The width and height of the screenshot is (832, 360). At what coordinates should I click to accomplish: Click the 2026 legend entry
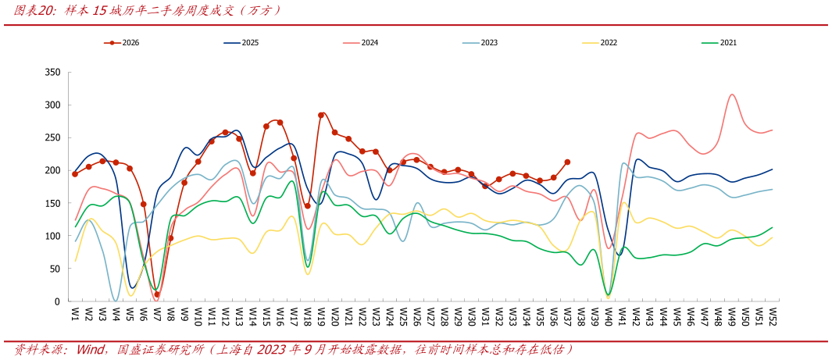[x=122, y=43]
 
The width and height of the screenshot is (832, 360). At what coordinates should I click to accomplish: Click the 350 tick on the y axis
[x=54, y=72]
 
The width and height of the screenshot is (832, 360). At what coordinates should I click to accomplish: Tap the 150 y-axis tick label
[x=54, y=203]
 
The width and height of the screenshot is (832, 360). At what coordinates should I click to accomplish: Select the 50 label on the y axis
[x=56, y=269]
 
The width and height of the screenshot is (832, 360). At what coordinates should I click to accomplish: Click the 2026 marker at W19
[x=321, y=115]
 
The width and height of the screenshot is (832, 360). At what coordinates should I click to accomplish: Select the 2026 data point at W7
[x=157, y=294]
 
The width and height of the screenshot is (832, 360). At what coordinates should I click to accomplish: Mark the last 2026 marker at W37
[x=567, y=162]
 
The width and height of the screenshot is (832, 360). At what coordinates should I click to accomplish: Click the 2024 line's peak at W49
[x=732, y=94]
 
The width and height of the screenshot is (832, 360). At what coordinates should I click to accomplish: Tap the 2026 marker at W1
[x=75, y=174]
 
